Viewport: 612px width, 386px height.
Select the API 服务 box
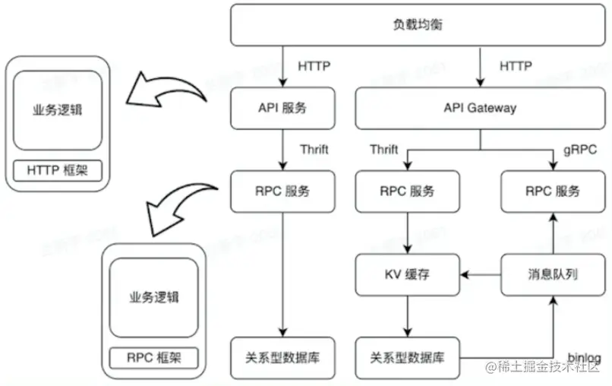tap(282, 108)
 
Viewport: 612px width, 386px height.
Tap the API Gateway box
tap(479, 108)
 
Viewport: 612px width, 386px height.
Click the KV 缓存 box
tap(408, 274)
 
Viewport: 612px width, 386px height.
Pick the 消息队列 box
tap(552, 274)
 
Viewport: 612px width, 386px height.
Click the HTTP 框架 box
tap(58, 171)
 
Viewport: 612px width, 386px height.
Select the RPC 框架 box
tap(154, 357)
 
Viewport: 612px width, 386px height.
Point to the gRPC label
tap(581, 150)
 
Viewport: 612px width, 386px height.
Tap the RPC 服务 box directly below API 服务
tap(282, 191)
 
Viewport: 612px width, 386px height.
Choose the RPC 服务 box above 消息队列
tap(552, 191)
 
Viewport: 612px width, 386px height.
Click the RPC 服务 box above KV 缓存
tap(408, 191)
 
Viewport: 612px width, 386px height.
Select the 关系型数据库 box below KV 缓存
tap(408, 357)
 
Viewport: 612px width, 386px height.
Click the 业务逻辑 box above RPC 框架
tap(154, 296)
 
